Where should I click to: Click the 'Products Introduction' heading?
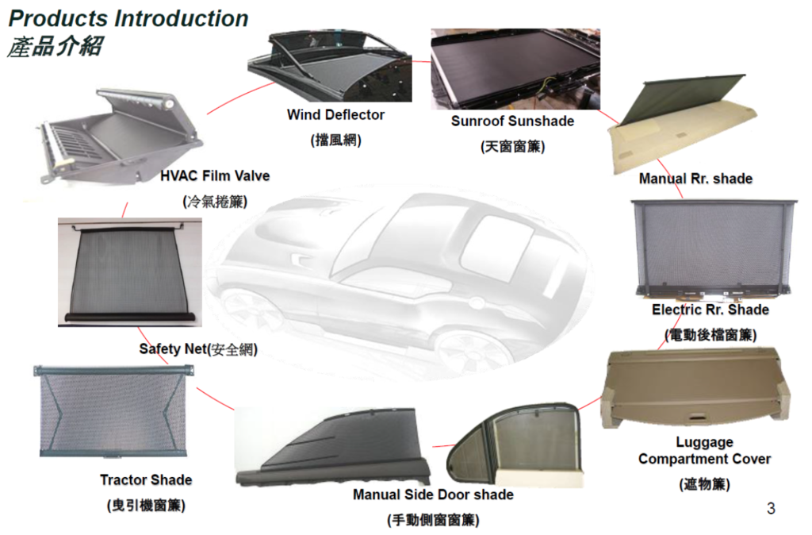tap(128, 19)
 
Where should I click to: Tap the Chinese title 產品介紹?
tap(55, 46)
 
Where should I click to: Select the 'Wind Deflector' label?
tap(335, 114)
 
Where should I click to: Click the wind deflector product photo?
tap(330, 66)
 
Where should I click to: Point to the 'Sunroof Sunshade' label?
tap(513, 121)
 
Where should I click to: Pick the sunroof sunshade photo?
tap(515, 69)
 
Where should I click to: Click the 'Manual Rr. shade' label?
tap(695, 179)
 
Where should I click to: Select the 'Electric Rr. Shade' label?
tap(710, 310)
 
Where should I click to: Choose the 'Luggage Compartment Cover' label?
tap(704, 451)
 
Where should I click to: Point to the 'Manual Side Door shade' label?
tap(433, 495)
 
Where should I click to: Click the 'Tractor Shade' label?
tap(146, 480)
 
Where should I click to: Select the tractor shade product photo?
tap(113, 411)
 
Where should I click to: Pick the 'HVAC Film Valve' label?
tap(215, 176)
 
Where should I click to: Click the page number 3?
tap(771, 509)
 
